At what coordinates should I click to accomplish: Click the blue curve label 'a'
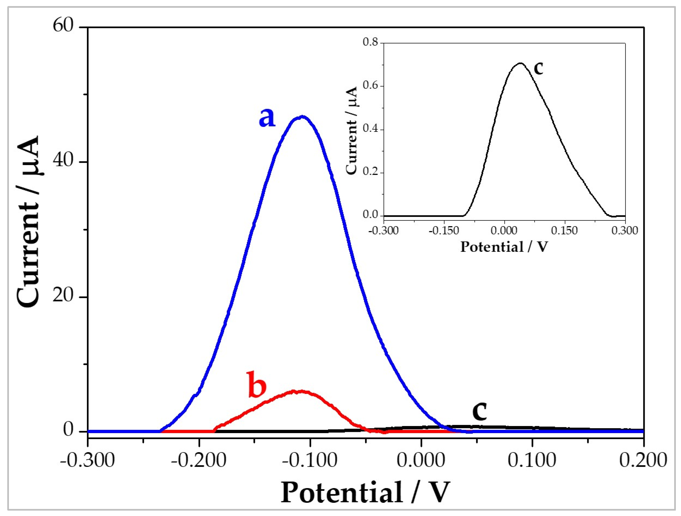pyautogui.click(x=267, y=118)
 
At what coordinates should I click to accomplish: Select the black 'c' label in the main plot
pyautogui.click(x=480, y=412)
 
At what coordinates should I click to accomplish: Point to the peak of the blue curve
pyautogui.click(x=302, y=117)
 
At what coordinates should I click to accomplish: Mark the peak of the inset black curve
pyautogui.click(x=520, y=63)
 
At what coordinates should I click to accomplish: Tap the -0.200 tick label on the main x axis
pyautogui.click(x=199, y=461)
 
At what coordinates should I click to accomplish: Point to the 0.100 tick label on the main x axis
pyautogui.click(x=532, y=461)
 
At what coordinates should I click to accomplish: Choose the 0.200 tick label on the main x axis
pyautogui.click(x=643, y=461)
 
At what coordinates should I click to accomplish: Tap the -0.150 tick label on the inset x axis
pyautogui.click(x=444, y=230)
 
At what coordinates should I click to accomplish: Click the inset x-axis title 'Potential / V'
pyautogui.click(x=504, y=247)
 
